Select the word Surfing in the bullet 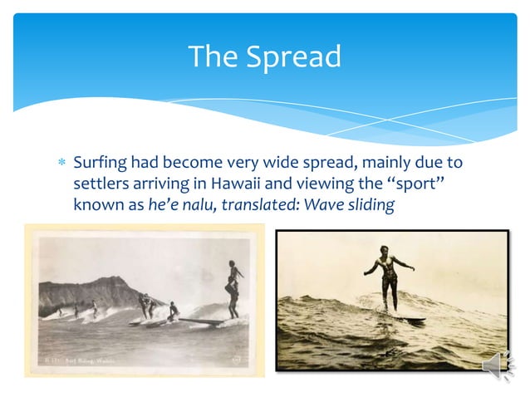[x=99, y=162]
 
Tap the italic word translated [x=248, y=204]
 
